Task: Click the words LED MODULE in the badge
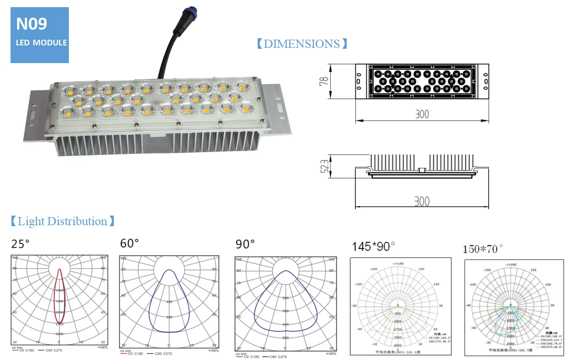click(x=41, y=43)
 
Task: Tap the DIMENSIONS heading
click(x=302, y=44)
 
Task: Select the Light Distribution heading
click(x=62, y=221)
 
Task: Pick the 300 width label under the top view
click(x=421, y=114)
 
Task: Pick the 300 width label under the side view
click(x=421, y=201)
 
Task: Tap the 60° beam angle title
click(x=130, y=244)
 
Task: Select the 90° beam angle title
click(x=245, y=244)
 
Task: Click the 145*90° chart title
click(x=373, y=247)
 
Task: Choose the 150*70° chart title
click(x=483, y=249)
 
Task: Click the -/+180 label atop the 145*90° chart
click(x=397, y=263)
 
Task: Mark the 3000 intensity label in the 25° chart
click(x=59, y=334)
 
